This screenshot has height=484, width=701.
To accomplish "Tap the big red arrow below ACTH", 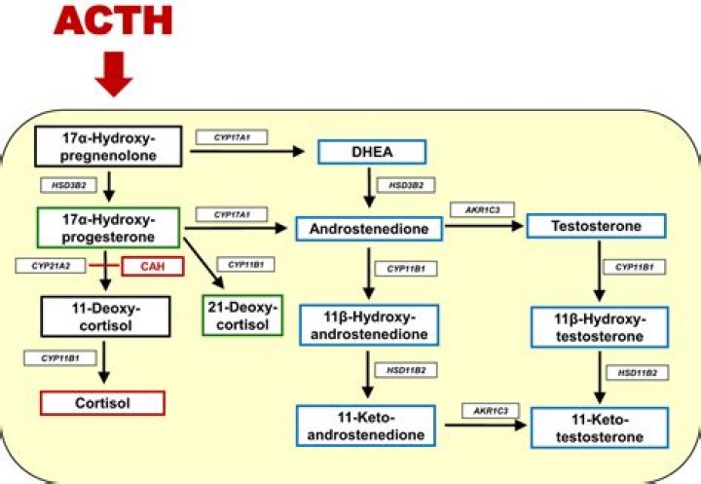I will (x=116, y=74).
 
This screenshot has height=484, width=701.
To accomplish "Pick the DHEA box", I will (x=372, y=152).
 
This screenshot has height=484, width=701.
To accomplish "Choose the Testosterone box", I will (x=596, y=227).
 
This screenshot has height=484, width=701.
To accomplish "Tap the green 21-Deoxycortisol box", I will (x=242, y=315).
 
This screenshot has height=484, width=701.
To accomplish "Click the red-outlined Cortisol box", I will (x=102, y=401).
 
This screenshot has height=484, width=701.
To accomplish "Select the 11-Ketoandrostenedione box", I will (x=365, y=426).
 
